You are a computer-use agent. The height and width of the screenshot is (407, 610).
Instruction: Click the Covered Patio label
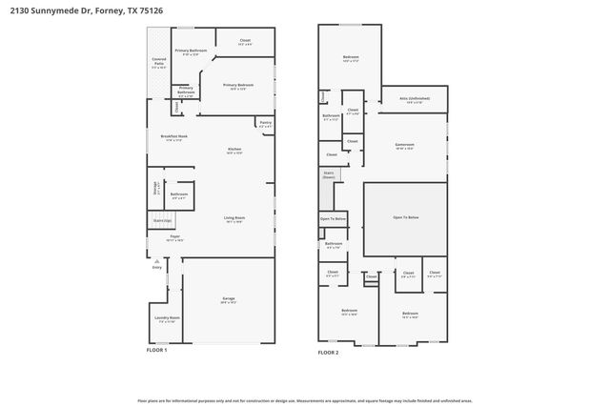click(159, 65)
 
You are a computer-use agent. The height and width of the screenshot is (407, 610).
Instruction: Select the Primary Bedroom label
click(237, 87)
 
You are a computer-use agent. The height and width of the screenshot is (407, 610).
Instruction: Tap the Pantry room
click(264, 123)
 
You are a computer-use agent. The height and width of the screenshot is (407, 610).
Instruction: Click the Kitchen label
click(234, 151)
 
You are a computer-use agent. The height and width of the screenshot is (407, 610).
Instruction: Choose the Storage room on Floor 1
click(156, 187)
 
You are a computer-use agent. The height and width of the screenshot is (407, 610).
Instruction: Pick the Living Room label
click(234, 220)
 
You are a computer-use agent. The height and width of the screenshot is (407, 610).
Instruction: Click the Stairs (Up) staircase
click(161, 221)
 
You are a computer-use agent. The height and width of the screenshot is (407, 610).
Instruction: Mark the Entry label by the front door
click(157, 267)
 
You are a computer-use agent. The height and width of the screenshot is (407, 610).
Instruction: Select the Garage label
click(229, 300)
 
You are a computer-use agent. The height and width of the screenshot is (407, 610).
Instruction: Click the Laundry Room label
click(167, 318)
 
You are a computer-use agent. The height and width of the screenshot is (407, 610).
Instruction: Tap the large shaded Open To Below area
click(405, 218)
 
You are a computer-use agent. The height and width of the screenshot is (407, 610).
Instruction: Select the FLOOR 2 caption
click(328, 352)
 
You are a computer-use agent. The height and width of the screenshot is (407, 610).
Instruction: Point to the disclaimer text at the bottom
click(304, 400)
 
